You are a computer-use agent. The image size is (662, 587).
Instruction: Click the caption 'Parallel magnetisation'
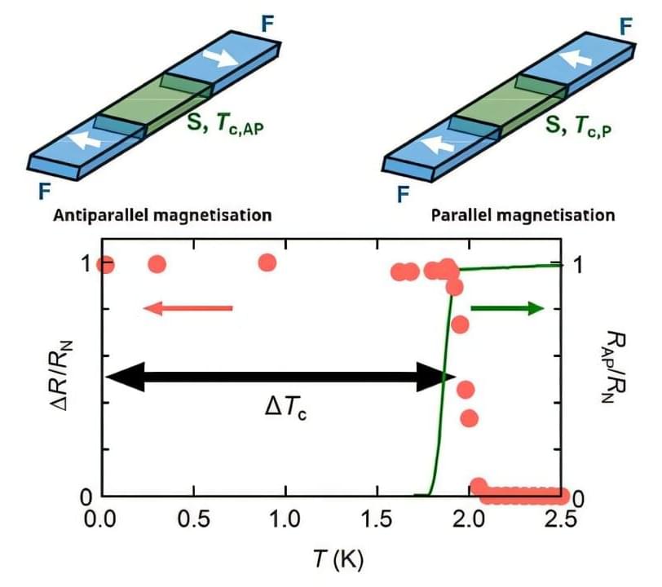[522, 216]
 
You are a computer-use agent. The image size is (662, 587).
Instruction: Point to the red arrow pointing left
[188, 308]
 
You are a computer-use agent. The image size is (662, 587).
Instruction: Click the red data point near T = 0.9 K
[267, 263]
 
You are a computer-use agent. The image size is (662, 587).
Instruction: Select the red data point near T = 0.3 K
[157, 264]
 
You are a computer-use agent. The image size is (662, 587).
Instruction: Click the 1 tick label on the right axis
[576, 265]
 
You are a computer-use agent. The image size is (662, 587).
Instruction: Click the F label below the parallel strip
[403, 194]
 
